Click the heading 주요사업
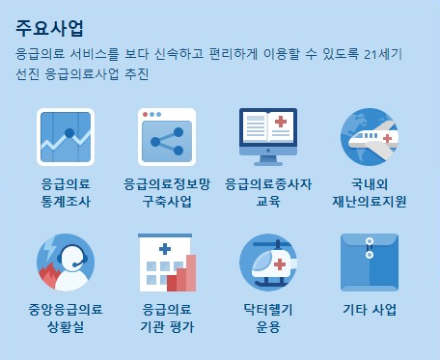49,27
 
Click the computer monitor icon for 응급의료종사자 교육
268,136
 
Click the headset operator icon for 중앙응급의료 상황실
65,263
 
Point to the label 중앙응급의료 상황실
65,318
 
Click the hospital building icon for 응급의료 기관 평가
166,263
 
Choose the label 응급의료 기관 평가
167,318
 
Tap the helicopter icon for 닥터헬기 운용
268,263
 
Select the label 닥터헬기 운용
268,318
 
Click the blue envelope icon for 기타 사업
370,263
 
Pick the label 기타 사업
370,310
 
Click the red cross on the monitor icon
281,124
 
